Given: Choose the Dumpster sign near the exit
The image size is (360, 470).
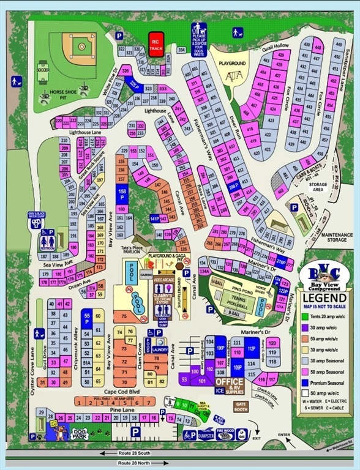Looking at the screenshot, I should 206,435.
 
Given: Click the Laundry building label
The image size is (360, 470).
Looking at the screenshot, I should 160,349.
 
